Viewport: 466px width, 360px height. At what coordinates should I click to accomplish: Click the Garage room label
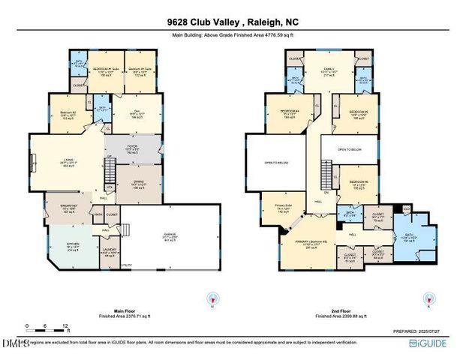[x=170, y=238]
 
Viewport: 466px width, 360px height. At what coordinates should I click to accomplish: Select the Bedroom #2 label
[x=65, y=113]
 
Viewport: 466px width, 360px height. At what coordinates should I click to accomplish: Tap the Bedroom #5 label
[x=359, y=113]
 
